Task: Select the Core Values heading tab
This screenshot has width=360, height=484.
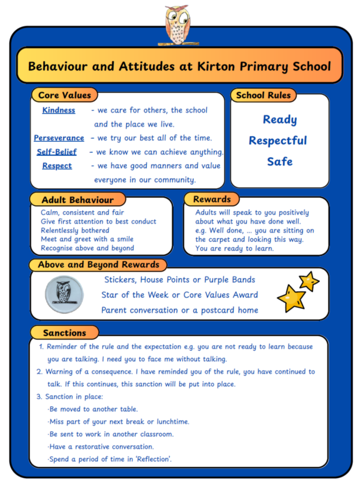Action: pyautogui.click(x=65, y=95)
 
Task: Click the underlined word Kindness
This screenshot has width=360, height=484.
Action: pyautogui.click(x=59, y=110)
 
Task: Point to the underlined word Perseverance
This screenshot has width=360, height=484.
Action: pyautogui.click(x=59, y=138)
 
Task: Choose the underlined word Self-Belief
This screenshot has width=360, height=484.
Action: pyautogui.click(x=57, y=152)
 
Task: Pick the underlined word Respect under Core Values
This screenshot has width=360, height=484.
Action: pyautogui.click(x=57, y=166)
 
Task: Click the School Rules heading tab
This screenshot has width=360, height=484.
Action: pyautogui.click(x=263, y=95)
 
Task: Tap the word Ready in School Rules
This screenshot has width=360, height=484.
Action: pyautogui.click(x=280, y=120)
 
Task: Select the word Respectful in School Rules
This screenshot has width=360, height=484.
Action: pyautogui.click(x=278, y=141)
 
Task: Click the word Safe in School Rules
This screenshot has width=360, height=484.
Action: pyautogui.click(x=280, y=161)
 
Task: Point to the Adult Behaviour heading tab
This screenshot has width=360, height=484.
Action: pyautogui.click(x=77, y=200)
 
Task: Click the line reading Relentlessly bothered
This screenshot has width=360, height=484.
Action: pyautogui.click(x=75, y=230)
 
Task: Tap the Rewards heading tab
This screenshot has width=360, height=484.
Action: pyautogui.click(x=211, y=199)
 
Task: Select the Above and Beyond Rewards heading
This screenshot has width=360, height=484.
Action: pyautogui.click(x=98, y=265)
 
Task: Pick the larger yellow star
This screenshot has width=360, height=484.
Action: pyautogui.click(x=291, y=298)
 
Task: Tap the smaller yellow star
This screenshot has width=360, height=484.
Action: pyautogui.click(x=309, y=281)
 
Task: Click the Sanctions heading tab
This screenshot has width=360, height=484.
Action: pyautogui.click(x=65, y=333)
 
